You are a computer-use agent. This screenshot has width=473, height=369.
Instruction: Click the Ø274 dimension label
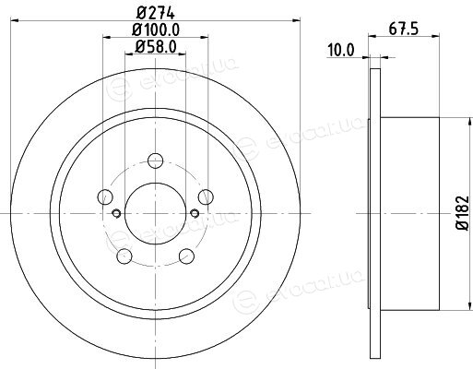click(156, 13)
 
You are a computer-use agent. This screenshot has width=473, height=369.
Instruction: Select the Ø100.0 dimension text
click(156, 30)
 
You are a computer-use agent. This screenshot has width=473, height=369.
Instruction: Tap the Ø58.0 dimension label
click(156, 47)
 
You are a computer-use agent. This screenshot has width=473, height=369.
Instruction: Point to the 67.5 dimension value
click(404, 30)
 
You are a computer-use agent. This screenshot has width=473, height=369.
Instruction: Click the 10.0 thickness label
click(341, 50)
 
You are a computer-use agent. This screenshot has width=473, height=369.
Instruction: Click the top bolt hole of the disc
click(155, 161)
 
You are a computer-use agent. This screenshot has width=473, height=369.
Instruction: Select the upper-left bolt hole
click(105, 196)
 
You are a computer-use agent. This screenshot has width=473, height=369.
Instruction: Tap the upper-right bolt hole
click(206, 196)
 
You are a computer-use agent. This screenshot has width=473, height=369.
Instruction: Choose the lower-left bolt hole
click(124, 256)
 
